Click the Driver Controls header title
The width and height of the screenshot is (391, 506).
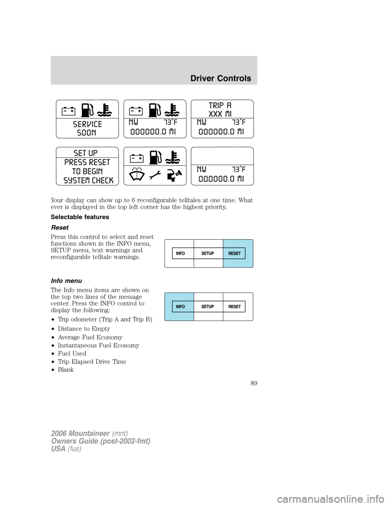(221, 78)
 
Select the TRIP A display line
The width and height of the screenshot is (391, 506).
(220, 105)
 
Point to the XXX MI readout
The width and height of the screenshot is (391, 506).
(220, 114)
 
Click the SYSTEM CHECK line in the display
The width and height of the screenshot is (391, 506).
(88, 180)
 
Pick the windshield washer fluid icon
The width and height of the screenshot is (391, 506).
(137, 174)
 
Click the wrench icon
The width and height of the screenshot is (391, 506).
(155, 175)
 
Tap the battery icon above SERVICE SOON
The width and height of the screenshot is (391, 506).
(68, 111)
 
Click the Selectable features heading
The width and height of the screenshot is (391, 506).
(80, 217)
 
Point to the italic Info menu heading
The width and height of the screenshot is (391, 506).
(66, 281)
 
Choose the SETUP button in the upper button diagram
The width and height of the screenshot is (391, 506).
(208, 253)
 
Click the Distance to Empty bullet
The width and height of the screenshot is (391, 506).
(84, 329)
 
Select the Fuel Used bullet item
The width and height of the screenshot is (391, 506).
(72, 354)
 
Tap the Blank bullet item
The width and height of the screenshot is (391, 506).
(66, 370)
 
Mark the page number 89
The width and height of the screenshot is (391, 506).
(254, 383)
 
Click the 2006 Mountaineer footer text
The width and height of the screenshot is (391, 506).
(80, 433)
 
